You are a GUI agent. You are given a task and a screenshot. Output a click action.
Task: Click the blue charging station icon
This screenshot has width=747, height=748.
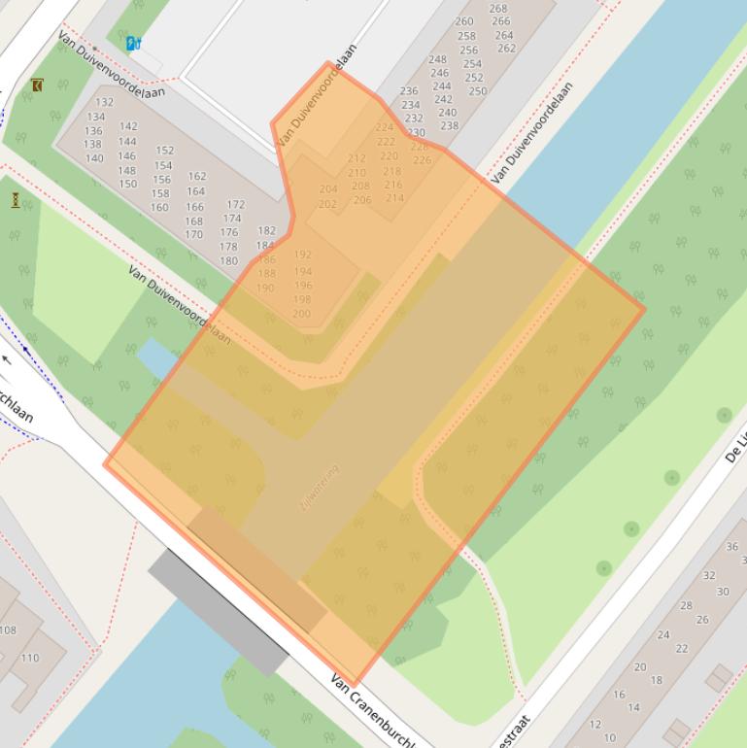pyautogui.click(x=133, y=43)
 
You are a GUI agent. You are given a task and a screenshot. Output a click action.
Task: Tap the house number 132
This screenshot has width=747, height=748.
pyautogui.click(x=104, y=102)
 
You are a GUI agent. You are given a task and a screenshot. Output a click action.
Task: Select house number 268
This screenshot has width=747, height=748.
pyautogui.click(x=497, y=9)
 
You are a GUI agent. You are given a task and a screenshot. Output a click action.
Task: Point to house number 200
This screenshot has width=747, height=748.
pyautogui.click(x=301, y=314)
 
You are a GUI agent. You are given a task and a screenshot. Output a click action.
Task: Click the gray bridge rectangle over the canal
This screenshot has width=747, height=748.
pyautogui.click(x=219, y=613)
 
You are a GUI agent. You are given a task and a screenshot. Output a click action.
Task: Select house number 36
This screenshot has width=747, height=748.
pyautogui.click(x=732, y=547)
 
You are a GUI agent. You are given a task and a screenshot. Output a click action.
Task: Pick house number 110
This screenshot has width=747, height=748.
pyautogui.click(x=30, y=658)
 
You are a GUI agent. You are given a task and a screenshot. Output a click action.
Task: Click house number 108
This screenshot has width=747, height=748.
pyautogui.click(x=8, y=630)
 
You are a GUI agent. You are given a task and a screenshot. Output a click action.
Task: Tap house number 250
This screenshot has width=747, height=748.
pyautogui.click(x=477, y=91)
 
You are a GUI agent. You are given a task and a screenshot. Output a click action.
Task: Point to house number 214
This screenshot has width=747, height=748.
pyautogui.click(x=394, y=198)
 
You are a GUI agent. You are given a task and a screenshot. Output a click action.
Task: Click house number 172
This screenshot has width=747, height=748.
pyautogui.click(x=235, y=205)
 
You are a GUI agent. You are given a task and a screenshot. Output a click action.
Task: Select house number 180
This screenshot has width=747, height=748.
pyautogui.click(x=228, y=260)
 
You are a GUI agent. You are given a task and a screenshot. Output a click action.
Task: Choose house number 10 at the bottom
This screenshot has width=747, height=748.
pyautogui.click(x=609, y=738)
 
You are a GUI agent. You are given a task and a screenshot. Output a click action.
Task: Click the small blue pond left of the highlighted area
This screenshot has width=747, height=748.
pyautogui.click(x=156, y=357)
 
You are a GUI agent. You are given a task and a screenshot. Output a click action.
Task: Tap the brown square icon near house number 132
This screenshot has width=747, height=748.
pyautogui.click(x=37, y=85)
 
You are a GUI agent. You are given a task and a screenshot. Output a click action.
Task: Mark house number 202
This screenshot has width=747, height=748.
pyautogui.click(x=327, y=204)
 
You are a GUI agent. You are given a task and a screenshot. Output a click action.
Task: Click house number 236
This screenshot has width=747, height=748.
pyautogui.click(x=409, y=91)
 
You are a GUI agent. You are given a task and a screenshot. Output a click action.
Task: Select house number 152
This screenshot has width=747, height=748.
pyautogui.click(x=164, y=151)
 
